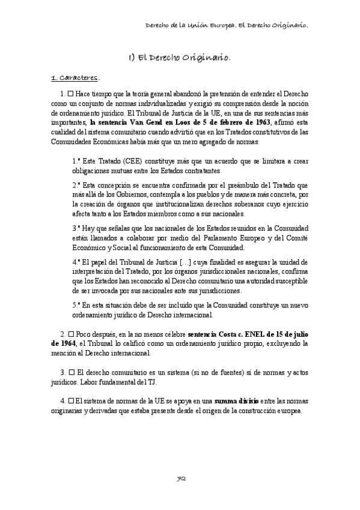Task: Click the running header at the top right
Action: (x=227, y=26)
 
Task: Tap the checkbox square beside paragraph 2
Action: (x=70, y=333)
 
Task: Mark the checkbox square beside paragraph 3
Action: (x=70, y=372)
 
